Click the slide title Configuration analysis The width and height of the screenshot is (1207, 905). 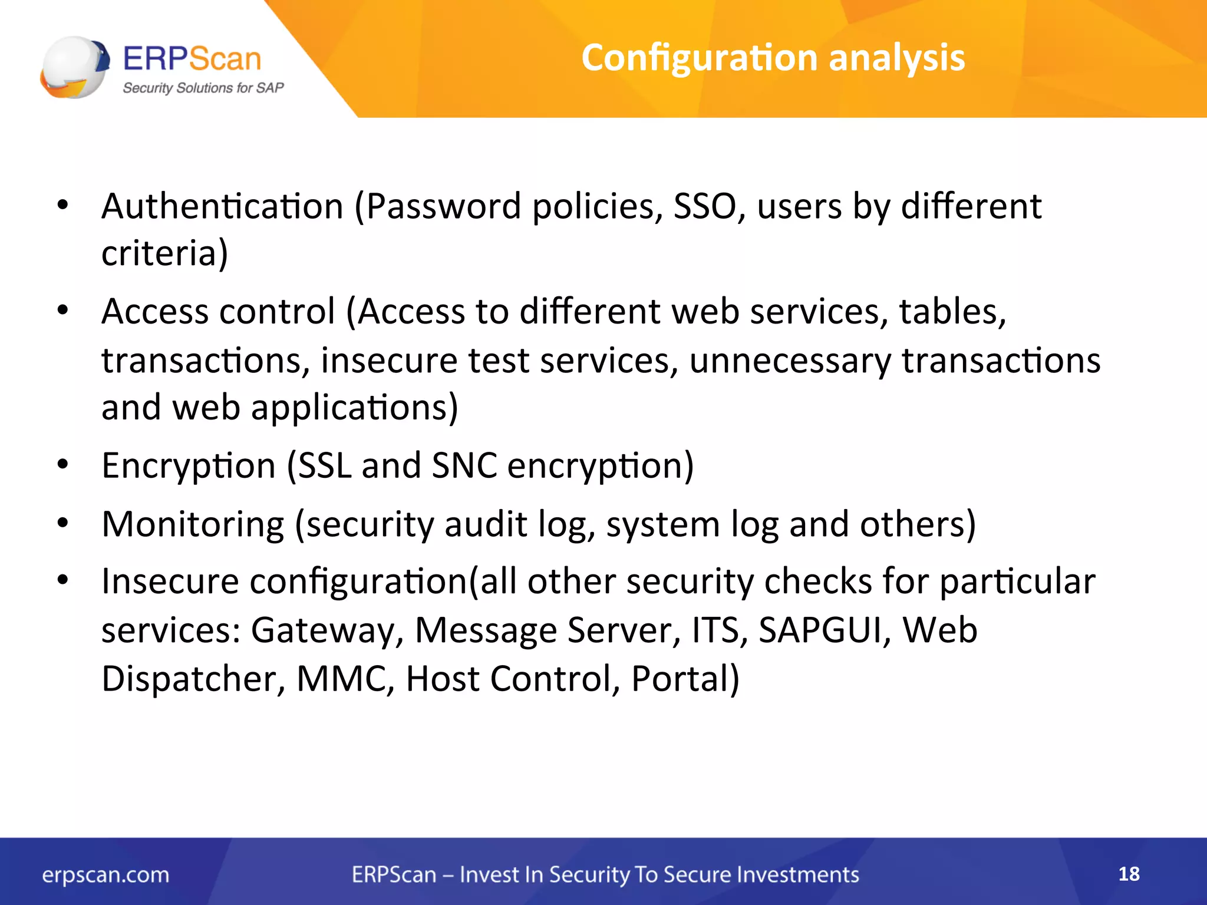click(x=773, y=58)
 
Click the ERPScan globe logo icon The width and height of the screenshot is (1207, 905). click(x=75, y=67)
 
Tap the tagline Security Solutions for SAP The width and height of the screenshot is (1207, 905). click(x=203, y=88)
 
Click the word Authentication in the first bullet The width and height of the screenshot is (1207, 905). click(x=222, y=207)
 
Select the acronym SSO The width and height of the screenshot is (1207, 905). click(x=705, y=207)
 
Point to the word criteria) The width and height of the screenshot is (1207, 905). click(x=164, y=254)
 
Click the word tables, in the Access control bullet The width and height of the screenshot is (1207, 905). click(x=952, y=312)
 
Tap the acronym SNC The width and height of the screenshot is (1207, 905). click(x=464, y=466)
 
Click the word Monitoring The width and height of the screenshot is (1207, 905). click(x=193, y=524)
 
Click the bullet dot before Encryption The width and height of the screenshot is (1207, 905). click(x=63, y=465)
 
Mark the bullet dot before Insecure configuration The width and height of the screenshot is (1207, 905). click(x=63, y=580)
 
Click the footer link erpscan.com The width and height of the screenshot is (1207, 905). click(x=105, y=875)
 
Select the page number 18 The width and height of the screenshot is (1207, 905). click(x=1129, y=874)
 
